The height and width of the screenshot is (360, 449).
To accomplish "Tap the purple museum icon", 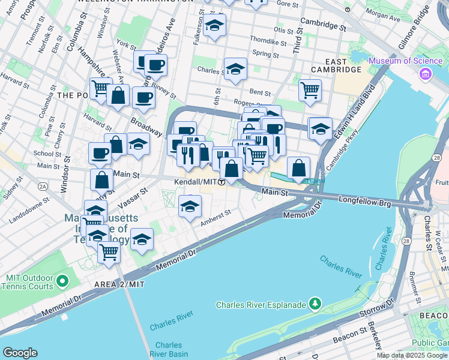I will coord(426,74).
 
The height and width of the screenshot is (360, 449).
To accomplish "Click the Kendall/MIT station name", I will coord(194,182).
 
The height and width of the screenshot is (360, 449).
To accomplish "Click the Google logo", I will coord(20,352).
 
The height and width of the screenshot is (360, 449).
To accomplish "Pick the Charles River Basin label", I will coord(169,349).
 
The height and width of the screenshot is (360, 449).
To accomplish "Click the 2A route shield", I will coord(43,187).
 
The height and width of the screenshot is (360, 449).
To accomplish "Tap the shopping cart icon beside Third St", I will coord(309,91).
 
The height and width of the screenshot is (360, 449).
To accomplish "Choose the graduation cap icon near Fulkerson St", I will coord(214,26).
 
